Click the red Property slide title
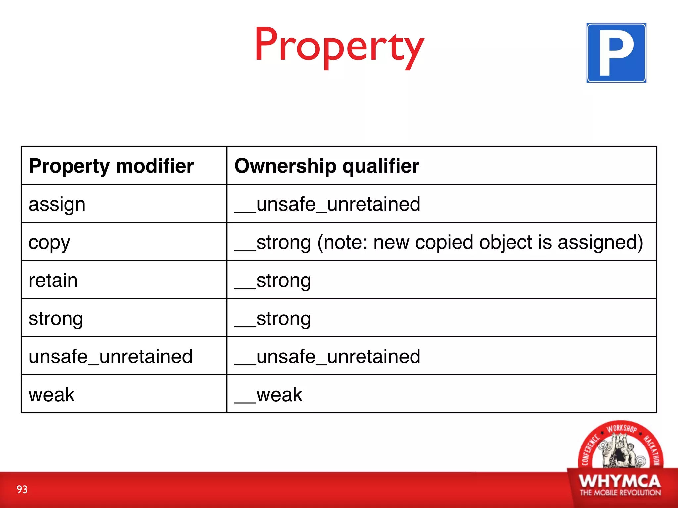pyautogui.click(x=339, y=46)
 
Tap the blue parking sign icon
pyautogui.click(x=616, y=53)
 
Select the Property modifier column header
pyautogui.click(x=111, y=166)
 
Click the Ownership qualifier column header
pyautogui.click(x=327, y=166)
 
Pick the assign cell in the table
pyautogui.click(x=57, y=204)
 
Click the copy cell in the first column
pyautogui.click(x=49, y=243)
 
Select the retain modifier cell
pyautogui.click(x=53, y=280)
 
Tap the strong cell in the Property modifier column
pyautogui.click(x=56, y=319)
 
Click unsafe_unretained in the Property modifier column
pyautogui.click(x=111, y=357)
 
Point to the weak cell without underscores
pyautogui.click(x=52, y=395)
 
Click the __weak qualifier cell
pyautogui.click(x=268, y=395)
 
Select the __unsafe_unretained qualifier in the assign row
pyautogui.click(x=327, y=204)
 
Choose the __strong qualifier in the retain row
pyautogui.click(x=273, y=280)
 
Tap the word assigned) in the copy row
pyautogui.click(x=600, y=243)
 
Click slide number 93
pyautogui.click(x=22, y=489)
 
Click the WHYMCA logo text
pyautogui.click(x=620, y=481)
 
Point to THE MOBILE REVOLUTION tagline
pyautogui.click(x=620, y=493)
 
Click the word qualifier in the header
pyautogui.click(x=381, y=166)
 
